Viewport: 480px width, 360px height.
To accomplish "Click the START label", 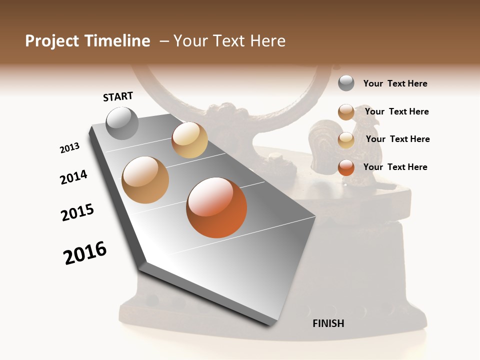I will pos(118,96).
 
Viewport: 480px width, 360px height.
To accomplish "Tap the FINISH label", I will pos(328,323).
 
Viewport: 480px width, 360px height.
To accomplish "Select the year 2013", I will pos(69,148).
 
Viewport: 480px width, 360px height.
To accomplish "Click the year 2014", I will pos(73,177).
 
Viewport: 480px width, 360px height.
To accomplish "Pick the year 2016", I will pos(85,253).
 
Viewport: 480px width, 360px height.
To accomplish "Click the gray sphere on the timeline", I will pos(122,123).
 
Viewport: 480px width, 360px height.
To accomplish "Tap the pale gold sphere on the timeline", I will pos(189,140).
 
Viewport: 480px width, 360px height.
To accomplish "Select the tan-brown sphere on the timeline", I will pos(145,180).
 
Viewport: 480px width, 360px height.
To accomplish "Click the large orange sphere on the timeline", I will pos(216,207).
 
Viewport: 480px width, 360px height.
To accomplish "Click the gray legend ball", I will pos(346,83).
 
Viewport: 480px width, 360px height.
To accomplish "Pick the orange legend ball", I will pos(346,167).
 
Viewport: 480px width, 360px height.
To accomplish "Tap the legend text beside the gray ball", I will pos(395,83).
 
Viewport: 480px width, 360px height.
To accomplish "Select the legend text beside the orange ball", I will pos(395,167).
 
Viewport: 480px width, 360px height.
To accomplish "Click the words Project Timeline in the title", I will pos(87,41).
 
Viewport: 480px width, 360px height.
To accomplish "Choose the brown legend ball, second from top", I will pos(346,112).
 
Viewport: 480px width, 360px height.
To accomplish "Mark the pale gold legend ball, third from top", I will pos(346,140).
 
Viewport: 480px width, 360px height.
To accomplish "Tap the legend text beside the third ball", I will pos(397,139).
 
